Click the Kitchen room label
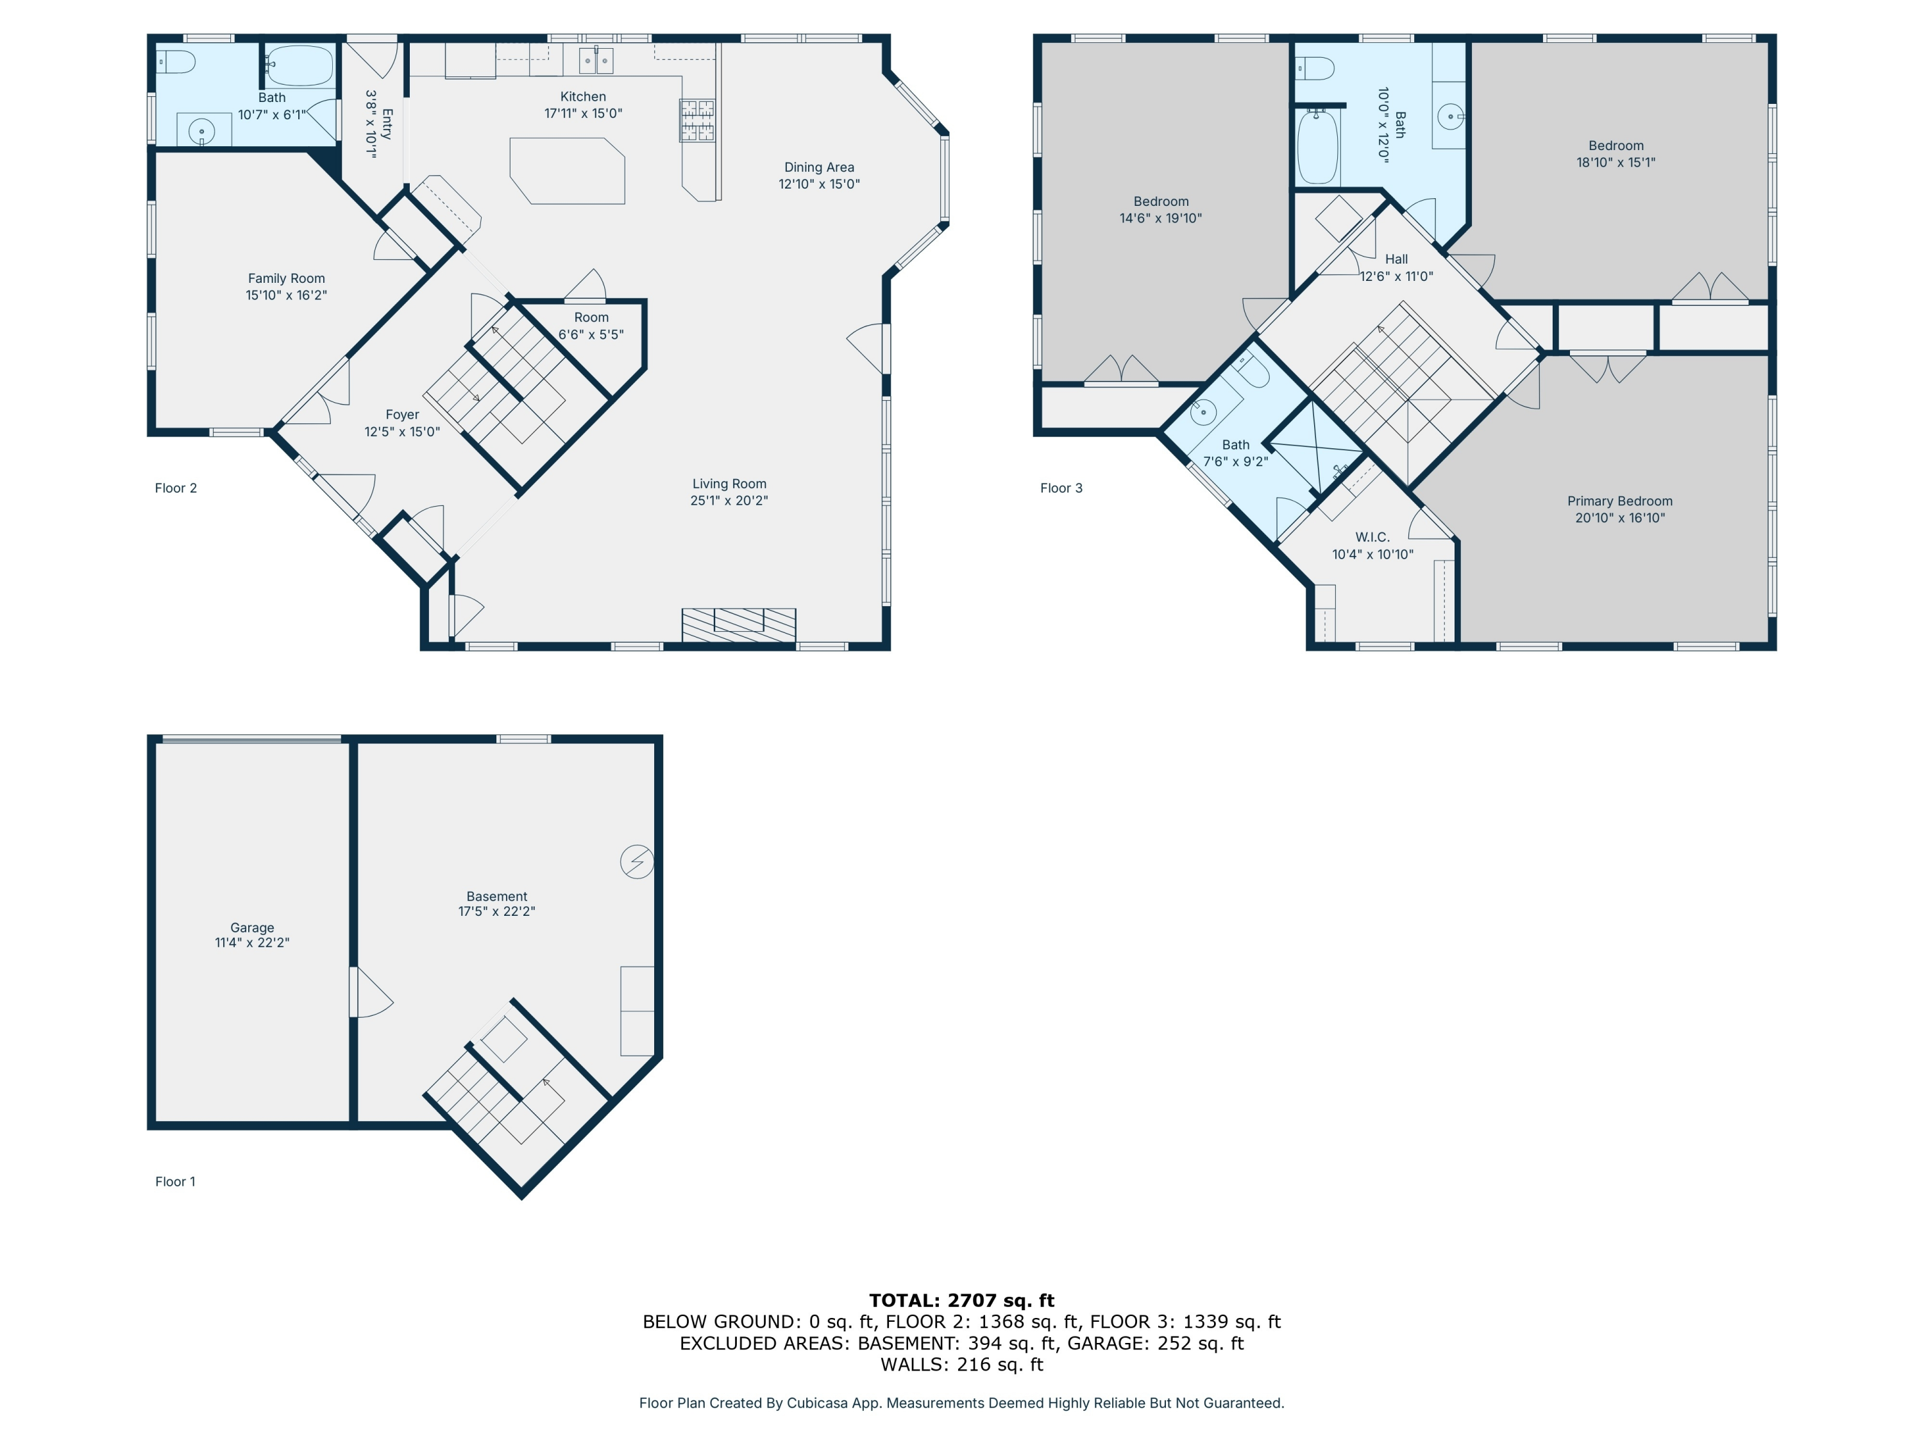(583, 97)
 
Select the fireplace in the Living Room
(738, 625)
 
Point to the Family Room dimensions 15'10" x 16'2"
(286, 296)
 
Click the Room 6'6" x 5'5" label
(591, 325)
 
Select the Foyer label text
(402, 415)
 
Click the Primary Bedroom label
(1619, 501)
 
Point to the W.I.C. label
(1372, 537)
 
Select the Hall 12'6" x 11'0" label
(1396, 267)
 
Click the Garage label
(252, 928)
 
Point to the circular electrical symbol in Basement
(637, 862)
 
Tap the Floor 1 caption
(175, 1181)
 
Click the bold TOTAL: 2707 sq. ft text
(961, 1301)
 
